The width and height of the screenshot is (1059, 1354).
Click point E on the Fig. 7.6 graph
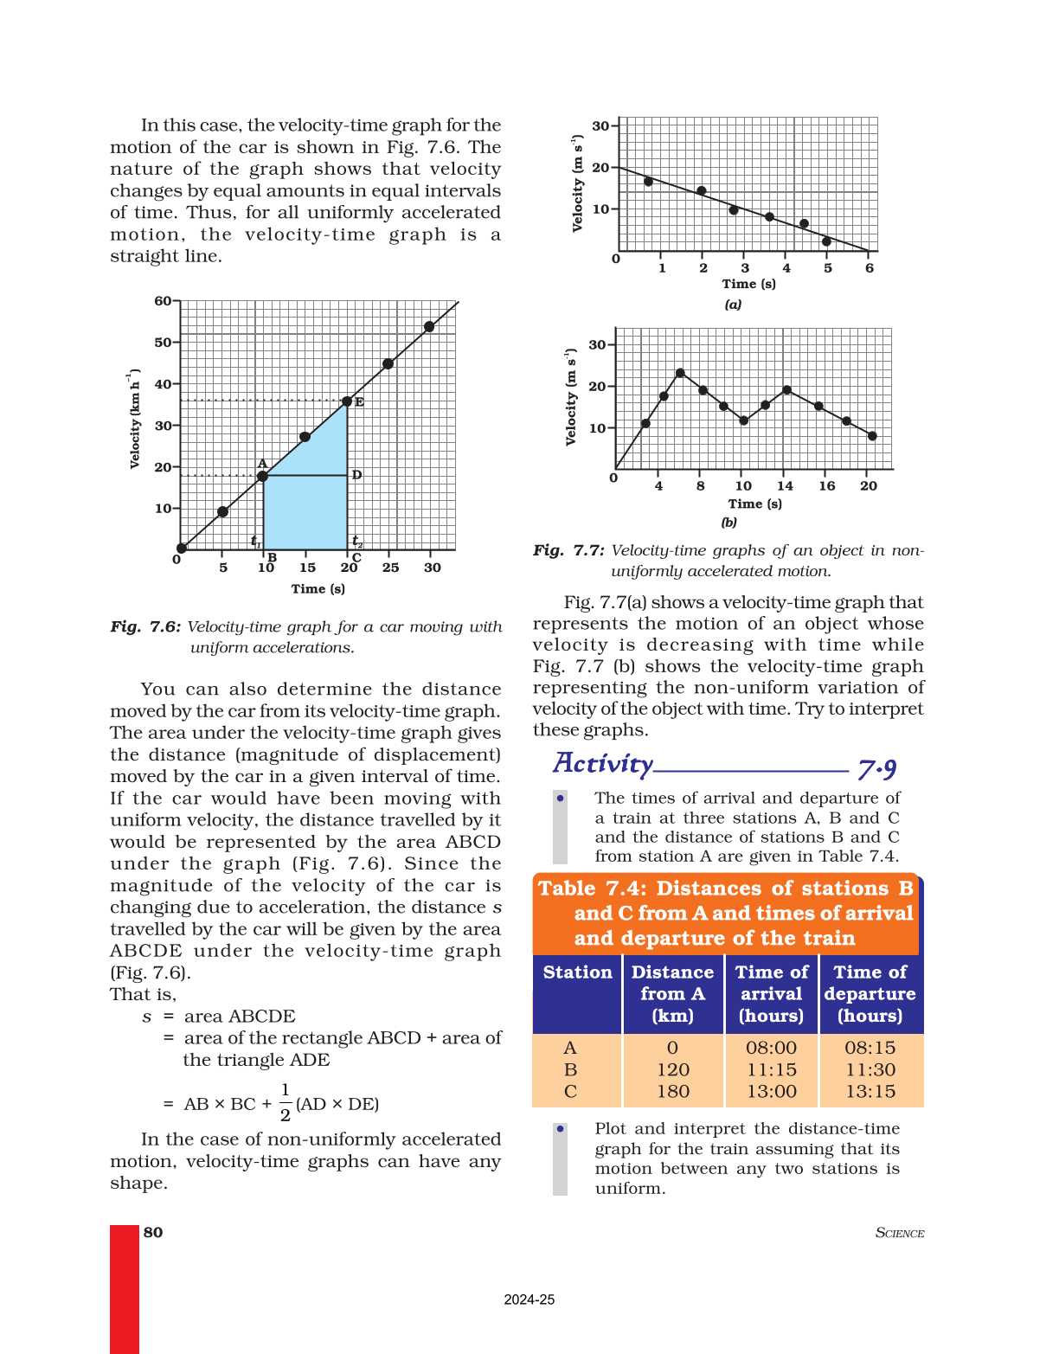(348, 401)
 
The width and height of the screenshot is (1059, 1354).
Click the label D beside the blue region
(356, 475)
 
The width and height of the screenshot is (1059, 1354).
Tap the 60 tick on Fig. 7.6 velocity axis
(163, 301)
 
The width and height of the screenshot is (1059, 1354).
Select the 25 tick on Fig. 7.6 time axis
(390, 568)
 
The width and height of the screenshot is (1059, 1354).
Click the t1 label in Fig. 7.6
(255, 541)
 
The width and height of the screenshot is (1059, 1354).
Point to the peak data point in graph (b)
(680, 373)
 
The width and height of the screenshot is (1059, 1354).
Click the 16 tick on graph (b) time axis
(827, 486)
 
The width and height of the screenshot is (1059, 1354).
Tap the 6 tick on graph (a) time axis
(870, 268)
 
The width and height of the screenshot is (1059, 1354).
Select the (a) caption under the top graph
(733, 305)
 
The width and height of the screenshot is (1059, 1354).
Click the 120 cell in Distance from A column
(673, 1070)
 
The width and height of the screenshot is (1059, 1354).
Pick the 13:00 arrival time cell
(771, 1092)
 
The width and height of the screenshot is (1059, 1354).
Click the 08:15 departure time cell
(870, 1048)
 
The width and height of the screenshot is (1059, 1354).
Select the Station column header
(577, 972)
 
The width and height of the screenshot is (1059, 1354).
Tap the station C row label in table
(570, 1092)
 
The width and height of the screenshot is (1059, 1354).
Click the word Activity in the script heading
(603, 764)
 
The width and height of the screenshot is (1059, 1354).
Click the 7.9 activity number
(876, 768)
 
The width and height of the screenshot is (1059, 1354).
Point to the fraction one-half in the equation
(286, 1103)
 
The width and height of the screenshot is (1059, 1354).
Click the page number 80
(153, 1232)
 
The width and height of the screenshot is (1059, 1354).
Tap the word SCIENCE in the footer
(900, 1233)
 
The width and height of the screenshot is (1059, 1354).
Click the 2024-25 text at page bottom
(529, 1299)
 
